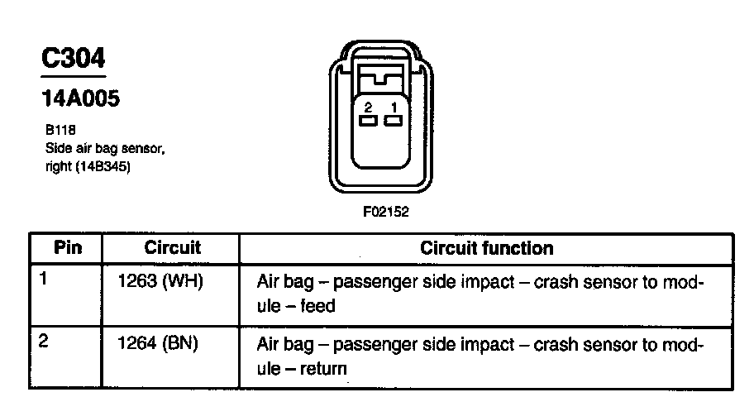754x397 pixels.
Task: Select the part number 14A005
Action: click(x=80, y=98)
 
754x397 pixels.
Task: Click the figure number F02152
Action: click(x=385, y=212)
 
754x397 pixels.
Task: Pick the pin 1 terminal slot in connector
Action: click(x=394, y=122)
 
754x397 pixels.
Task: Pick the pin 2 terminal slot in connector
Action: click(x=368, y=122)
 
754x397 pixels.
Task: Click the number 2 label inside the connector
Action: click(x=368, y=108)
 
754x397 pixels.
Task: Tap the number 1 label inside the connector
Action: click(x=394, y=108)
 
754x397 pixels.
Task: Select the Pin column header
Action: click(x=68, y=248)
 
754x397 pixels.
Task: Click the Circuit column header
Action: click(x=172, y=248)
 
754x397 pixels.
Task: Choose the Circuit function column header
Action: click(x=487, y=248)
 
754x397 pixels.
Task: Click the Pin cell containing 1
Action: click(x=44, y=280)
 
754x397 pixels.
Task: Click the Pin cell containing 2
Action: click(x=44, y=341)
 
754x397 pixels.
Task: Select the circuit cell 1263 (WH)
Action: click(x=161, y=280)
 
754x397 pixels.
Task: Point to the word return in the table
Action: click(x=323, y=368)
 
